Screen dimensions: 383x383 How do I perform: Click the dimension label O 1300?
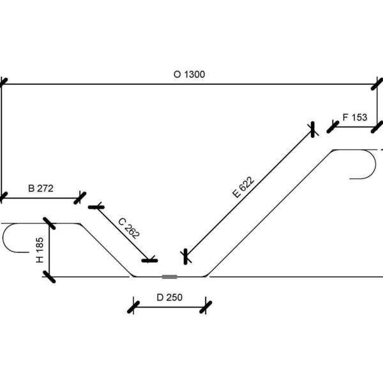(190, 74)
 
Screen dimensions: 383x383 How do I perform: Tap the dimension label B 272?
(41, 188)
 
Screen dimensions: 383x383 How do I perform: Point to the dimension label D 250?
(169, 297)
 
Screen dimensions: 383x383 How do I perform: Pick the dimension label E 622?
(243, 188)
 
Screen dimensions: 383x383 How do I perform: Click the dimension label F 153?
(355, 117)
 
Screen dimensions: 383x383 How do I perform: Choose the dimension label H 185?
(40, 250)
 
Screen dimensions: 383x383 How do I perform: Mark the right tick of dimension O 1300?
(378, 84)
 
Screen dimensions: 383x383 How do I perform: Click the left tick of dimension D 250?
(133, 307)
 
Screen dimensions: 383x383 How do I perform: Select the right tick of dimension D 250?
(205, 307)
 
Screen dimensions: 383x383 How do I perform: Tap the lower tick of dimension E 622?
(185, 256)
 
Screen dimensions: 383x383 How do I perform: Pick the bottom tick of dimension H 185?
(49, 276)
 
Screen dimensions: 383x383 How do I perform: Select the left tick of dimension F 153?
(332, 127)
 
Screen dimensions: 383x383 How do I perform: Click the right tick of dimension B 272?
(80, 197)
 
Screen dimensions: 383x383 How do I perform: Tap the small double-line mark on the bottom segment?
(169, 276)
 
